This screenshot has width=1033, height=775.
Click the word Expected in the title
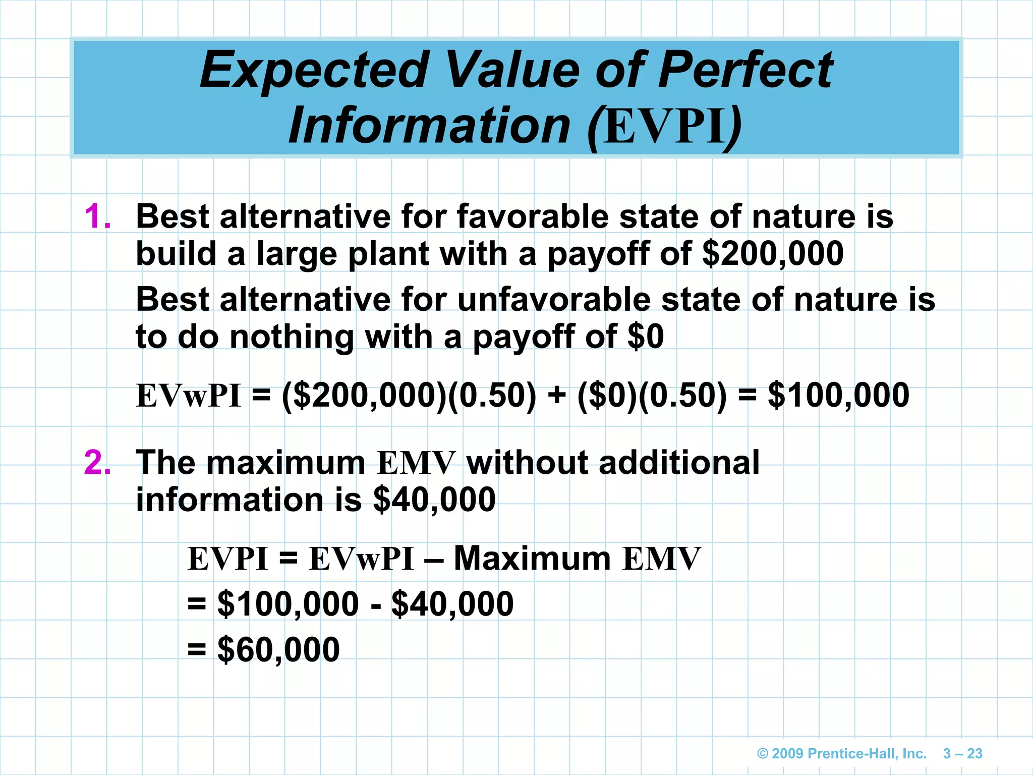point(314,71)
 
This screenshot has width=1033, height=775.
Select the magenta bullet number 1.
point(98,217)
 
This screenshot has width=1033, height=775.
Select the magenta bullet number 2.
point(98,462)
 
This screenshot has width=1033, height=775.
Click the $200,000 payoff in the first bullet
point(772,254)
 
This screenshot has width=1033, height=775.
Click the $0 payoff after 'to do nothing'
point(646,337)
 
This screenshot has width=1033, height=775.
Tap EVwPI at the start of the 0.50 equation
point(189,396)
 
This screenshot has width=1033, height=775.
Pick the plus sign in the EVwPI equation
point(556,396)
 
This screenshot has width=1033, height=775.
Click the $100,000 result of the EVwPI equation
point(838,396)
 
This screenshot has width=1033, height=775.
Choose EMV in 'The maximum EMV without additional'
point(416,463)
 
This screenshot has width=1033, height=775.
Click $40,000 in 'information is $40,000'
point(434,500)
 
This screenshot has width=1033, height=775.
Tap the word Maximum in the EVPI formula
point(532,559)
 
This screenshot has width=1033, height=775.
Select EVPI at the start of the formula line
point(227,559)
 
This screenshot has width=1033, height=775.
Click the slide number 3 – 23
point(962,754)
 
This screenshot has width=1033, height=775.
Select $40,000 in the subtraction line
point(452,604)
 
